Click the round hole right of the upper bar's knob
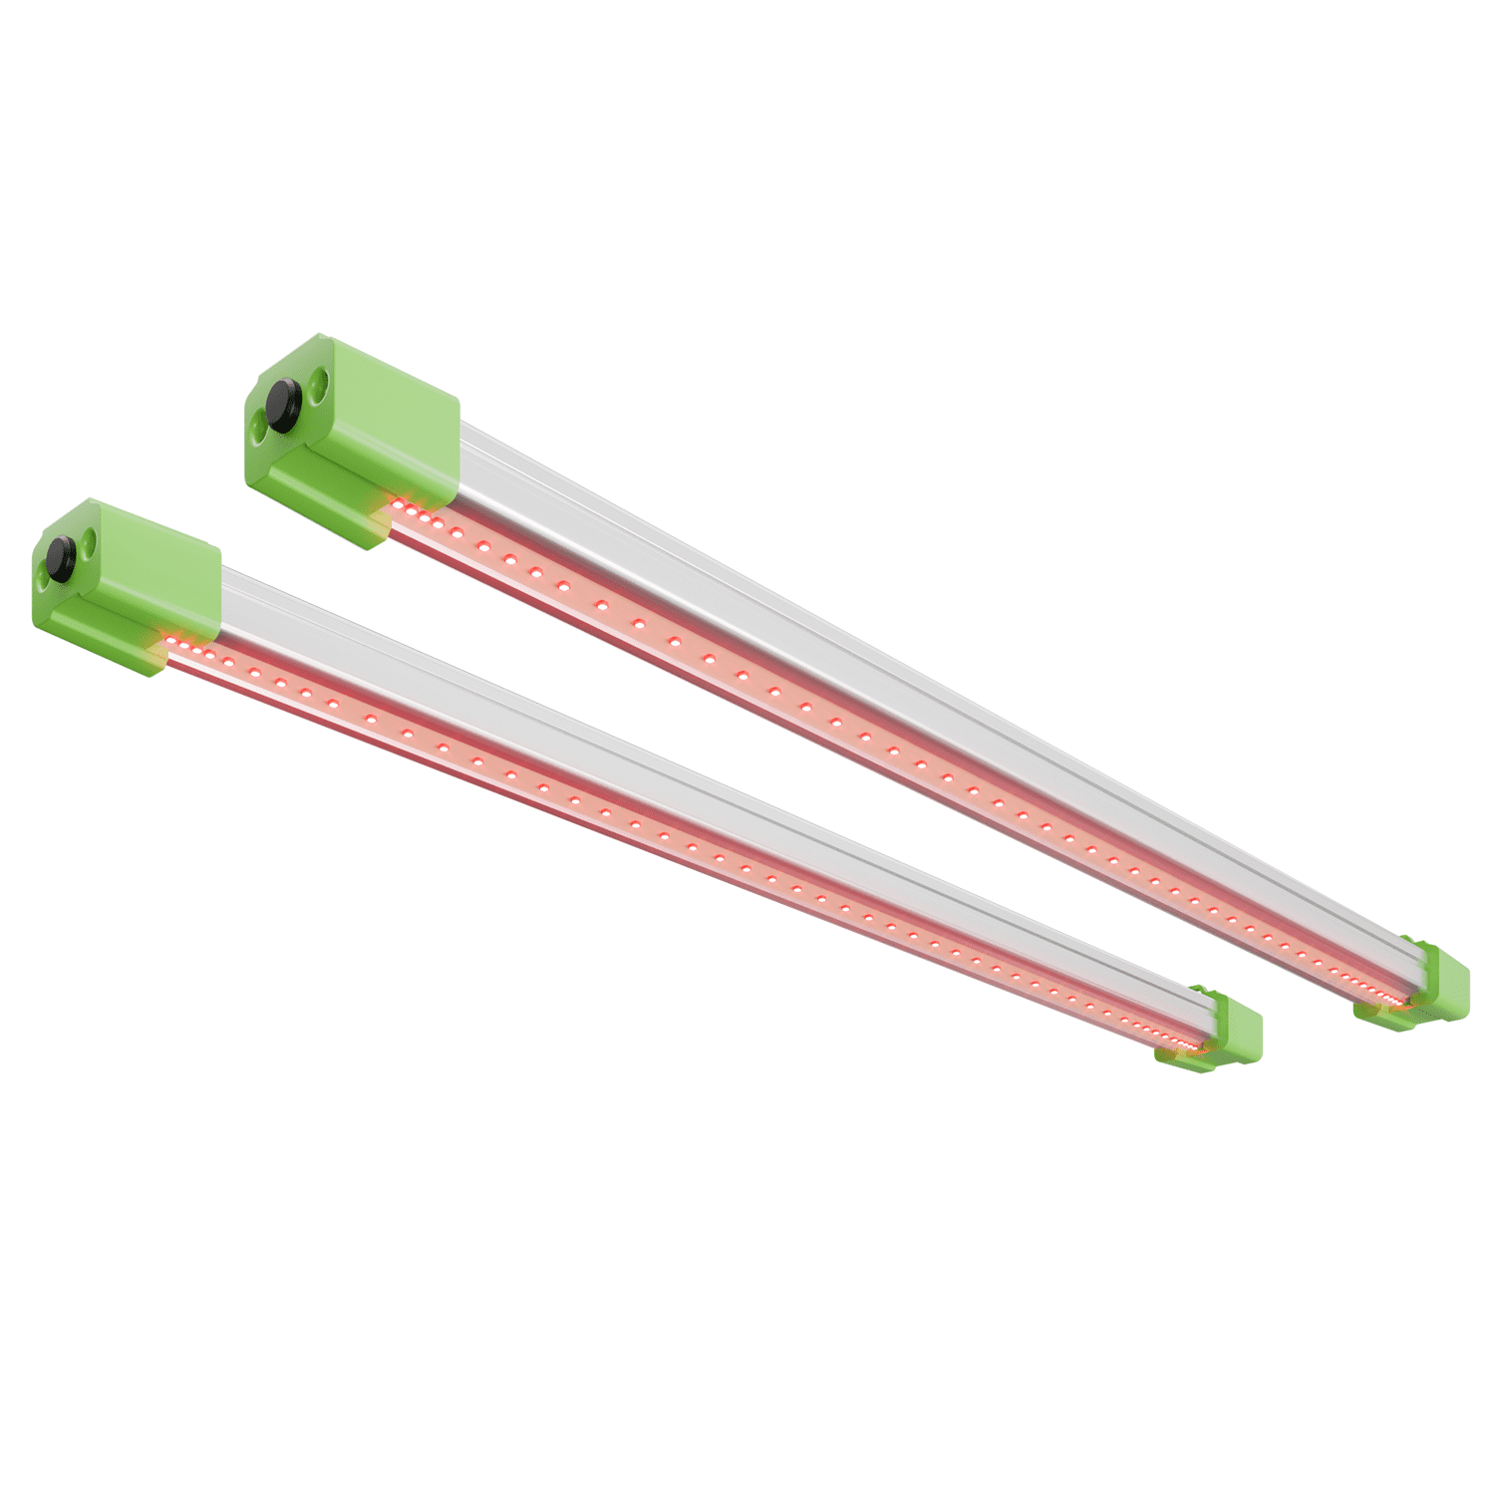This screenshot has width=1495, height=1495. (319, 386)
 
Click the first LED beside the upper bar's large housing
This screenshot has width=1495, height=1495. (397, 505)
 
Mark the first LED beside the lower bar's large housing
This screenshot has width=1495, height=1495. (171, 641)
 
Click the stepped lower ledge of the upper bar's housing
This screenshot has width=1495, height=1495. (319, 503)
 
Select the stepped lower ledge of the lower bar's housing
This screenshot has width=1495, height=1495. (100, 638)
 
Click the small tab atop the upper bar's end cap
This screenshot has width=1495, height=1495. (1410, 942)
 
